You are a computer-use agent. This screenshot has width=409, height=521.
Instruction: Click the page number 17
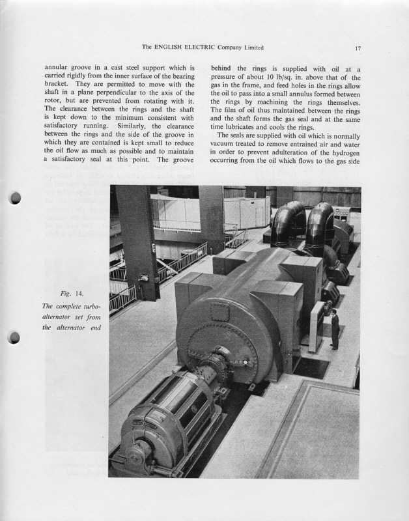click(358, 47)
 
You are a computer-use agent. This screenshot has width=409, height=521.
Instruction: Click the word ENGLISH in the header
click(175, 47)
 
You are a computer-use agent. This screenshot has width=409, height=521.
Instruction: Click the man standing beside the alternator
click(335, 329)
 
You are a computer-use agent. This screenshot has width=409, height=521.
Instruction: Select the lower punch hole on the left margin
click(16, 337)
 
